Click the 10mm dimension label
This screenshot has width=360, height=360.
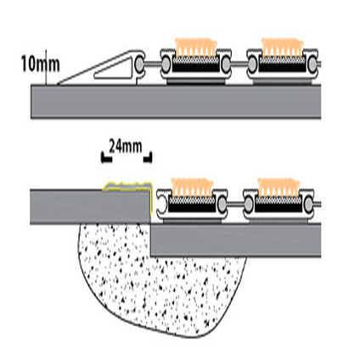tap(41, 65)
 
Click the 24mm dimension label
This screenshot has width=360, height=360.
tap(126, 146)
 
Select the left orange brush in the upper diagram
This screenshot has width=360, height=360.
tap(196, 48)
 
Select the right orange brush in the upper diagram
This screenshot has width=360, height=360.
tap(282, 48)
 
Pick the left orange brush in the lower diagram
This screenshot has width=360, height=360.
tap(193, 187)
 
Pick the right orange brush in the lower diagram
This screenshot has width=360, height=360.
tap(278, 187)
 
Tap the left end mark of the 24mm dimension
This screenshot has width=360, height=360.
tap(105, 159)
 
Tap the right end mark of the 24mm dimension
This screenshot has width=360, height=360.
tap(149, 158)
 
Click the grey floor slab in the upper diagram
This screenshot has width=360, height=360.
tap(176, 102)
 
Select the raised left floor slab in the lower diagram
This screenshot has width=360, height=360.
tap(90, 207)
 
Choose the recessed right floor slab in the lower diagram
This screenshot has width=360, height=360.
tap(236, 240)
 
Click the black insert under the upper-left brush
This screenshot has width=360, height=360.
tap(195, 67)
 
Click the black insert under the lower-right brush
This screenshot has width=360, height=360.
tap(278, 208)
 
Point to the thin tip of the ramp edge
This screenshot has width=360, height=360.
tap(59, 84)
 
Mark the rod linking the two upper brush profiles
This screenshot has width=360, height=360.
tap(239, 63)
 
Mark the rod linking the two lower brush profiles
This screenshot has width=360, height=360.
tap(235, 203)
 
